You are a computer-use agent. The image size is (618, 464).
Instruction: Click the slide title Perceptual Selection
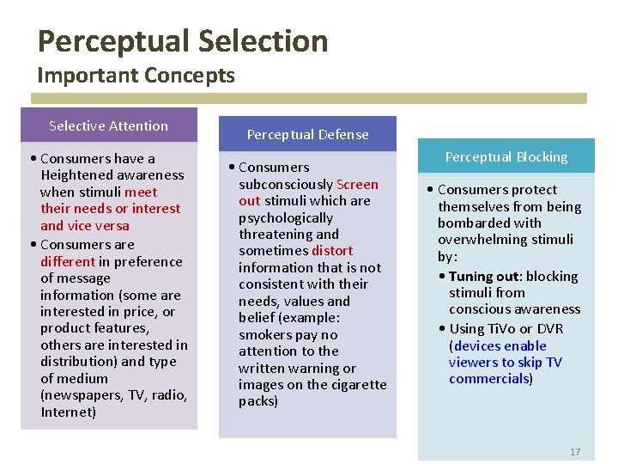[183, 41]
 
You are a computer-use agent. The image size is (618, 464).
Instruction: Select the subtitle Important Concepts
[136, 76]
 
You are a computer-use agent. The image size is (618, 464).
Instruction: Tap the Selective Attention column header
[108, 125]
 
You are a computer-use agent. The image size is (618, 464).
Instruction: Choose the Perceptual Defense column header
[307, 134]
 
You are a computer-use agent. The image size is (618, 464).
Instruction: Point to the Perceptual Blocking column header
[506, 157]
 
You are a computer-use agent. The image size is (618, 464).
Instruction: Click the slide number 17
[575, 452]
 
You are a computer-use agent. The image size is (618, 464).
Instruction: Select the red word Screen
[357, 184]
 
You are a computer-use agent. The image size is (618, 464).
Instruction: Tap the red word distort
[332, 251]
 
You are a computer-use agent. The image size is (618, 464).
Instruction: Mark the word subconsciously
[286, 184]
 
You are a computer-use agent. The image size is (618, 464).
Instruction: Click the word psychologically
[286, 217]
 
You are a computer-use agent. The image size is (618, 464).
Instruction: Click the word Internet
[68, 412]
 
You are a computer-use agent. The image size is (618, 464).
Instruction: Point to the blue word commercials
[489, 379]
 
